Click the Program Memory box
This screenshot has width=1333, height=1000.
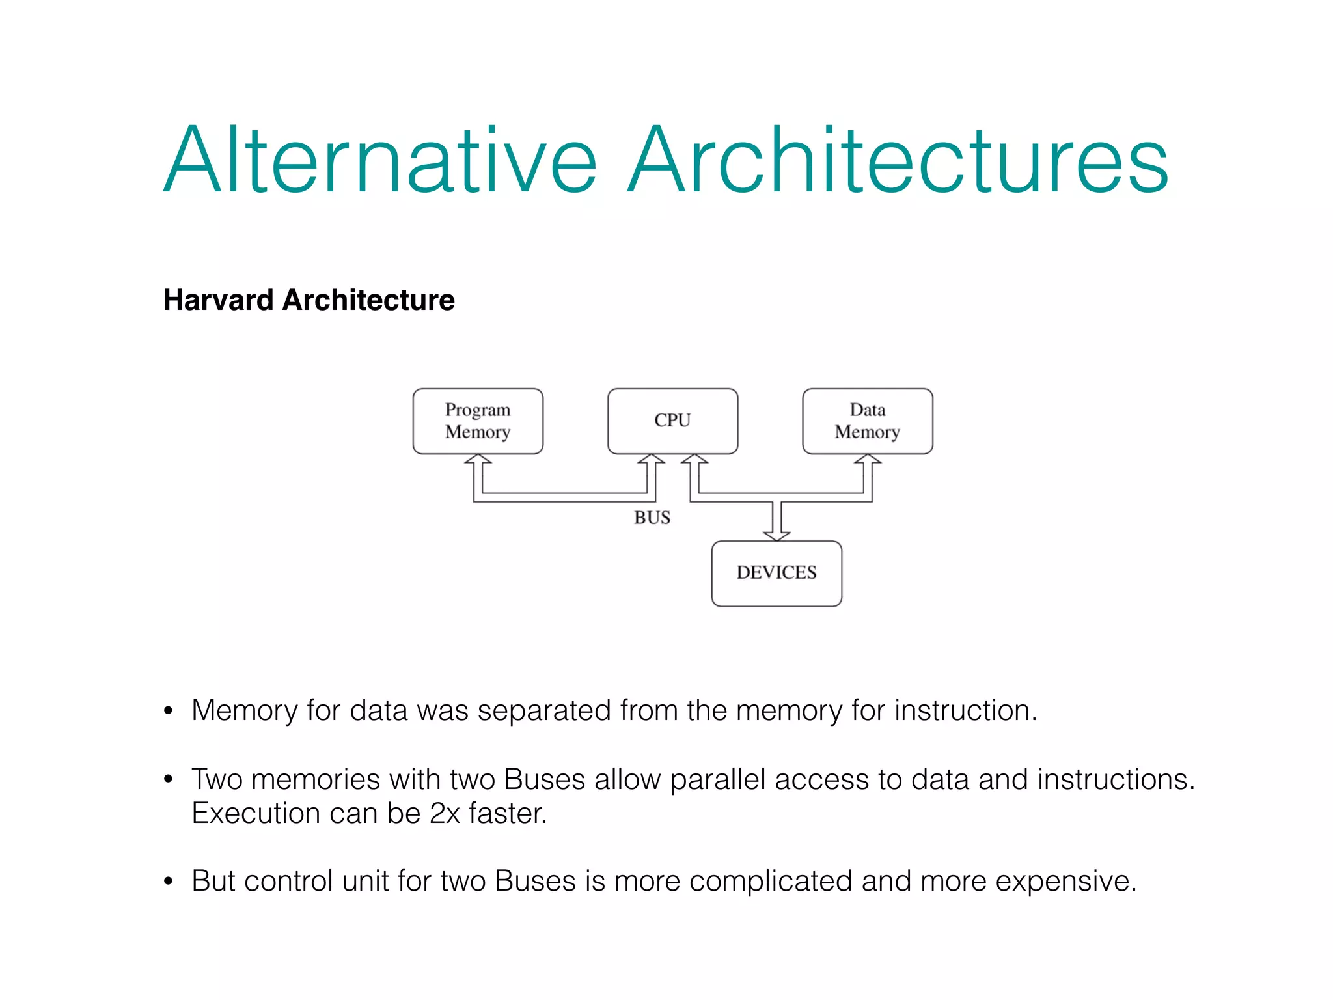478,421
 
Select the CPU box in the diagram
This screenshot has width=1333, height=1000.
672,421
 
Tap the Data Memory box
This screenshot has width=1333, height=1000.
868,421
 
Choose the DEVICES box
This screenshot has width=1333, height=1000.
776,573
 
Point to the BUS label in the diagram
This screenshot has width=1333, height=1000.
652,518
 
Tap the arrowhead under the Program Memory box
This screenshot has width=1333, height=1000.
478,460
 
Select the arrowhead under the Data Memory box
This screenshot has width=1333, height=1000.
868,460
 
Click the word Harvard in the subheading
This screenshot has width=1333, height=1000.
219,300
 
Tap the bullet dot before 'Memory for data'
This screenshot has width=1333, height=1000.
169,710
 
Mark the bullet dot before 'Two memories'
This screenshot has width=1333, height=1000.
169,779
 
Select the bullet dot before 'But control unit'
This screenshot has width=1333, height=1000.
169,882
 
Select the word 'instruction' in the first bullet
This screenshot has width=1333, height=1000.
962,710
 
